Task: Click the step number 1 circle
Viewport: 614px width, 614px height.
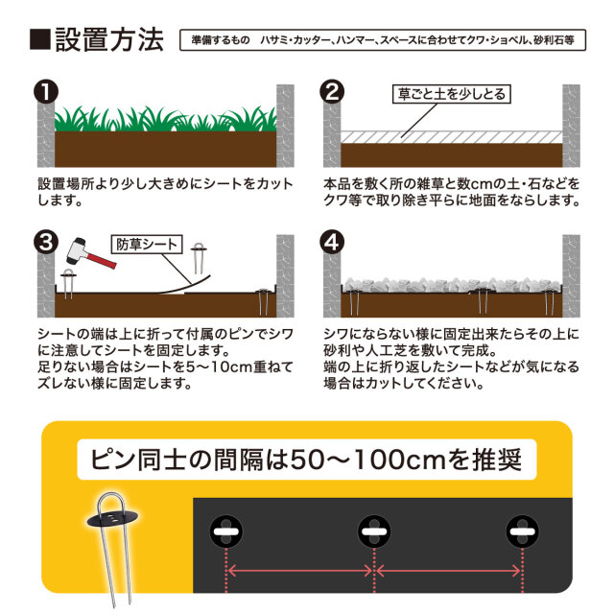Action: click(44, 93)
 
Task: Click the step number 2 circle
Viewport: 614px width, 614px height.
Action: click(330, 93)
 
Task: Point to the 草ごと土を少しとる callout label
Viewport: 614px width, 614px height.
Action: click(449, 94)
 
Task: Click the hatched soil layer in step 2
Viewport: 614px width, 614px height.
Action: click(451, 136)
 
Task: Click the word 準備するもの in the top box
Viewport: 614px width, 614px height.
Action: click(220, 42)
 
